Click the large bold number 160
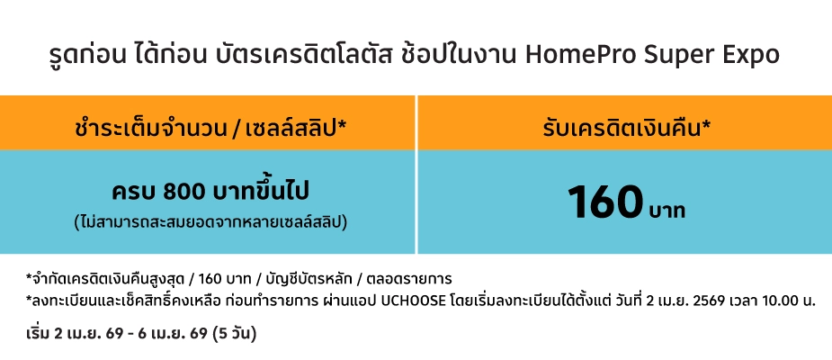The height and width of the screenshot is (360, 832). [x=605, y=202]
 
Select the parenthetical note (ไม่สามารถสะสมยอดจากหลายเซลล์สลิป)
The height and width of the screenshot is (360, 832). [x=210, y=220]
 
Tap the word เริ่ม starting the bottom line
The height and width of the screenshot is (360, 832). [x=38, y=334]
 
